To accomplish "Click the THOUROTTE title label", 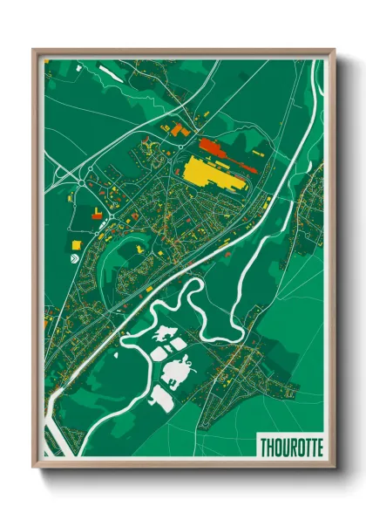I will pyautogui.click(x=290, y=447).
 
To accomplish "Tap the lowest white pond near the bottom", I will pyautogui.click(x=162, y=400).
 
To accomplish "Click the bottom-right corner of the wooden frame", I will pyautogui.click(x=334, y=467).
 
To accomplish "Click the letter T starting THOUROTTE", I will pyautogui.click(x=263, y=447).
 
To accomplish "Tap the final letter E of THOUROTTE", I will pyautogui.click(x=318, y=447).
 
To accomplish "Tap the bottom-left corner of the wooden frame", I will pyautogui.click(x=35, y=467).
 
